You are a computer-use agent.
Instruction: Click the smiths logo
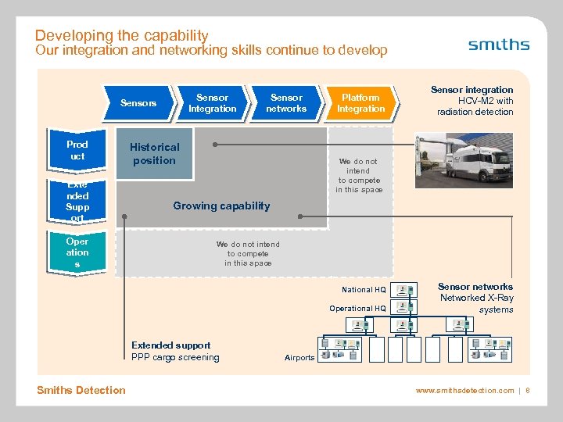point(498,45)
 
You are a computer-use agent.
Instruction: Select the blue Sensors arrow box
point(138,103)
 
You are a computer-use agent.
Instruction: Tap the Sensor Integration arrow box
point(212,103)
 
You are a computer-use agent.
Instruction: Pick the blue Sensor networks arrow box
point(286,103)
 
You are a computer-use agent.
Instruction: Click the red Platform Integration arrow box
point(360,103)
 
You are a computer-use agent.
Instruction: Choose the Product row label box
point(77,151)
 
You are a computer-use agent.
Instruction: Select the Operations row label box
point(77,252)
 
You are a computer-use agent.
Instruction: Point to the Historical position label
point(154,153)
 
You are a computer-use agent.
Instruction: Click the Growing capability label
point(221,206)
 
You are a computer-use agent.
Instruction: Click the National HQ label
point(363,290)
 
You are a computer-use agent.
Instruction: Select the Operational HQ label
point(357,309)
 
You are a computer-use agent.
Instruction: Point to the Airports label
point(299,358)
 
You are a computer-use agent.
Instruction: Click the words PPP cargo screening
point(175,358)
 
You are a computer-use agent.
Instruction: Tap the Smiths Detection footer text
point(81,390)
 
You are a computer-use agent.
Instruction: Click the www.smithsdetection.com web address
point(464,390)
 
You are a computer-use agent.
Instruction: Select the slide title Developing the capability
point(121,35)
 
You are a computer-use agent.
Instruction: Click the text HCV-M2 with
point(485,101)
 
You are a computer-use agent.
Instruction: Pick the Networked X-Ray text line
point(476,298)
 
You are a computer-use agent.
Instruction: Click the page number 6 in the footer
point(528,390)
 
